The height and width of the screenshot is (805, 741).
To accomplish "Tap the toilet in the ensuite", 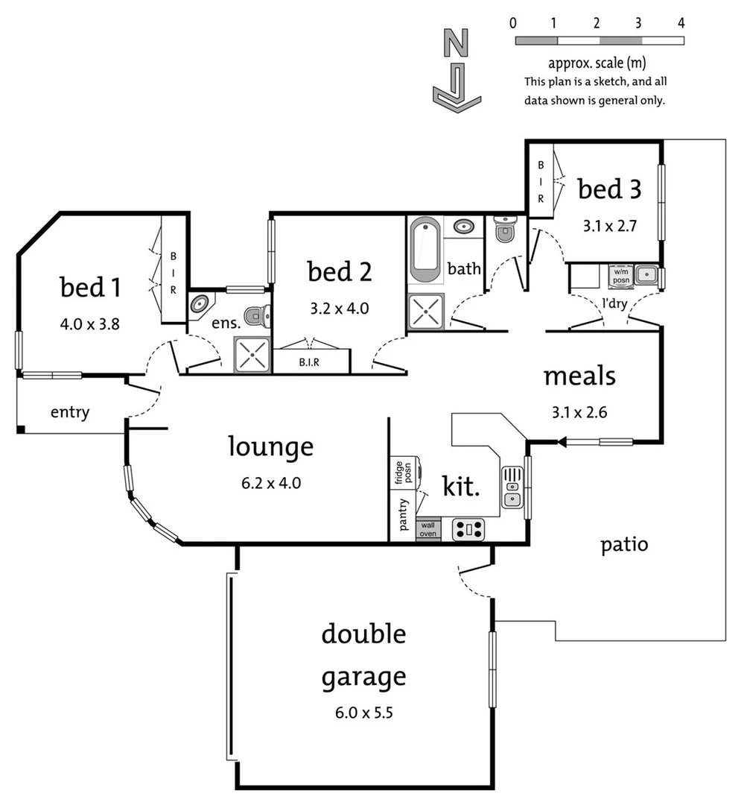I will click(x=257, y=317).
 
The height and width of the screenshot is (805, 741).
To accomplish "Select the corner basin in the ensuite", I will click(x=200, y=304).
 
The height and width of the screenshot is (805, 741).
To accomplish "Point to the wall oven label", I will click(x=427, y=529).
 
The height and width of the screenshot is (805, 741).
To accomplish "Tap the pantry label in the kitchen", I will click(x=403, y=514).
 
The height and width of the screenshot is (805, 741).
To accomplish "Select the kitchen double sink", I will click(x=512, y=487).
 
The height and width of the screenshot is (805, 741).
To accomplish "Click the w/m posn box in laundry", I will click(x=621, y=275).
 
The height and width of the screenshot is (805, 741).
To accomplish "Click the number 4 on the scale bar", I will click(x=681, y=22).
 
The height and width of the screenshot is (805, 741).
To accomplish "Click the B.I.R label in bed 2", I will click(x=311, y=363).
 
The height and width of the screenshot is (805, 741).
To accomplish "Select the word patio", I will click(x=624, y=545).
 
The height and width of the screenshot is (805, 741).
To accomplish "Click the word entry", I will click(x=70, y=412).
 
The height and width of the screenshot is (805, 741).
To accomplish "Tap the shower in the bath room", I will click(x=425, y=312).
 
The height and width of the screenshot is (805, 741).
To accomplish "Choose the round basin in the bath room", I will click(x=465, y=227).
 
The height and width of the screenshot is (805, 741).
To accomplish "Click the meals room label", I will click(x=579, y=376).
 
